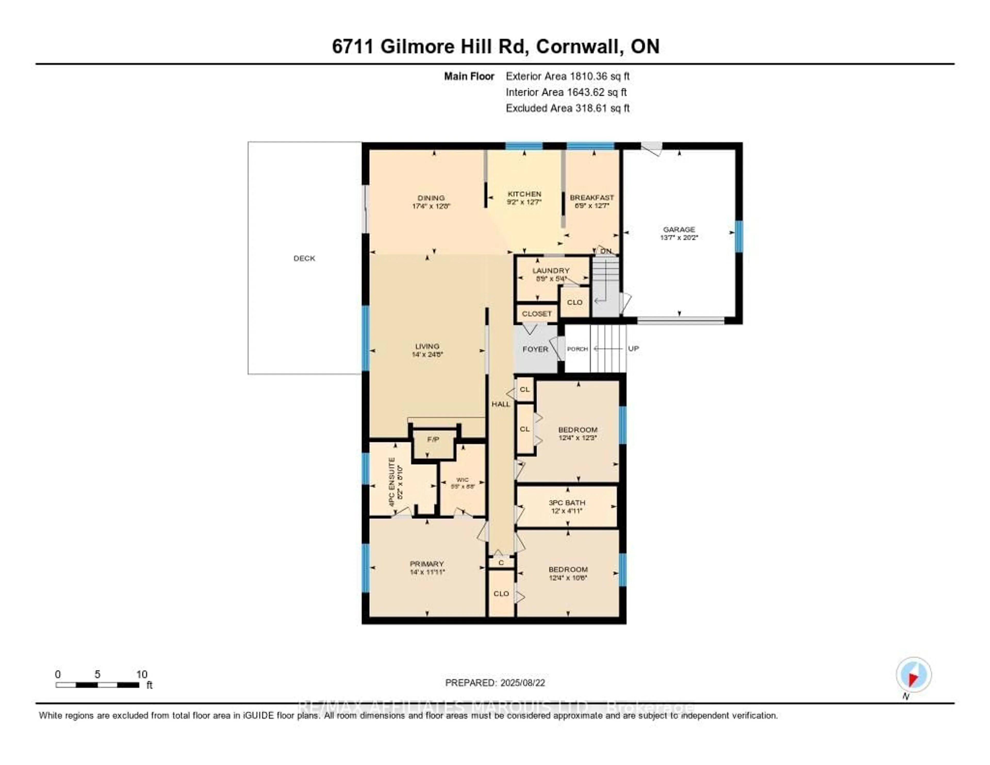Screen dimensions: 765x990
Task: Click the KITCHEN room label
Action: tap(524, 194)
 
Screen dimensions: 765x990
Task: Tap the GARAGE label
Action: tap(679, 230)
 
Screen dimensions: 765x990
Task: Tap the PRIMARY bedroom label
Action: tap(427, 564)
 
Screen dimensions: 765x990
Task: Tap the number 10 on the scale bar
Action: tap(142, 674)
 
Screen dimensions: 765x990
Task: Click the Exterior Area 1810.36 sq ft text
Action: tap(567, 76)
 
